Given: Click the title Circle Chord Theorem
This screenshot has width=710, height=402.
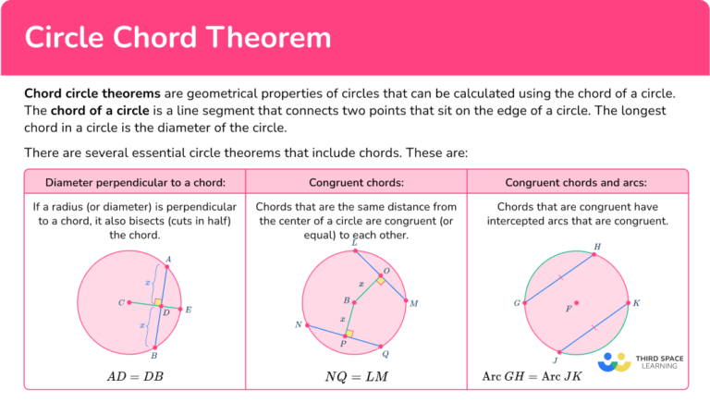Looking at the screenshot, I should coord(177,38).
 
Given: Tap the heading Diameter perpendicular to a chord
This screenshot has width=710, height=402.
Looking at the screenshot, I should coord(135,182).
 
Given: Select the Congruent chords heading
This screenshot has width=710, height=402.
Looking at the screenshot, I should coord(356,182).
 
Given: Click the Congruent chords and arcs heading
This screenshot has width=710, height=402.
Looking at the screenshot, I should coord(576,182).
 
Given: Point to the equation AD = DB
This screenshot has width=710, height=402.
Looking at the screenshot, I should coord(135,377).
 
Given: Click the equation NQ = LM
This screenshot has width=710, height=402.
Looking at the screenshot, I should coord(356,377).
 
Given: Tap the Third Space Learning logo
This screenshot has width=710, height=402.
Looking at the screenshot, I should coord(638,361).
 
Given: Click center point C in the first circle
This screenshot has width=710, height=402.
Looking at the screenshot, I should coord(129,302).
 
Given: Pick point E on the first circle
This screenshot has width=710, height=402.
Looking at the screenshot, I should coord(180,309).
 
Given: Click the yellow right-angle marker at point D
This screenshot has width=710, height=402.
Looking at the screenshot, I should coord(158,302).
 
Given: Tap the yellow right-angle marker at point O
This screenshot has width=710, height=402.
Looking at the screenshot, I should coord(379,280).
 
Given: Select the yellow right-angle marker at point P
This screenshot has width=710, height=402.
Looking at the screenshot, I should coord(349,334).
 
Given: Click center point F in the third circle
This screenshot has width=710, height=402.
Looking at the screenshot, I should coord(576,301).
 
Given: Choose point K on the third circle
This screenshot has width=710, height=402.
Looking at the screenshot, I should coord(627,302).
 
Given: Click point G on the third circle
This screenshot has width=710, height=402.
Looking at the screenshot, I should coord(525,302).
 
